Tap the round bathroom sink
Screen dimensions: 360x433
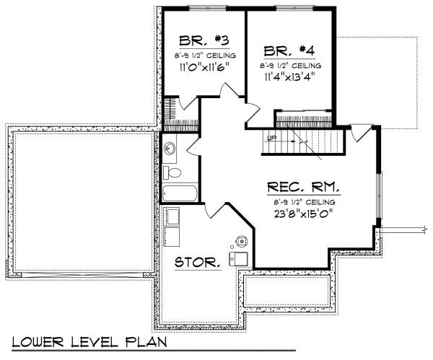click(170, 149)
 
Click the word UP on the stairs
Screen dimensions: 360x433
click(271, 138)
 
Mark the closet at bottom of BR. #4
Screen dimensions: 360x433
click(305, 118)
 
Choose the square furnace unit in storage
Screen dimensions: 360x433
click(239, 258)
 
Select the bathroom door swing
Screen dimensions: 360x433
click(193, 145)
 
